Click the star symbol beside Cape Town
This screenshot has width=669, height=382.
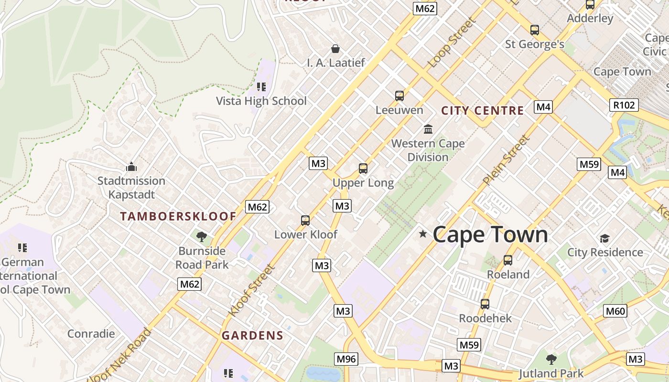point(422,233)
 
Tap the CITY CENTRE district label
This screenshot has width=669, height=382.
point(482,111)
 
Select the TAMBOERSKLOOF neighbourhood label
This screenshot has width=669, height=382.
point(178,216)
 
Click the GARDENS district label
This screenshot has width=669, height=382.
point(252,336)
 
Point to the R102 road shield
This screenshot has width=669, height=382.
point(624,105)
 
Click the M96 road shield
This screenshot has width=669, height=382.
point(346,359)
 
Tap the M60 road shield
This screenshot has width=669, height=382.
point(615,311)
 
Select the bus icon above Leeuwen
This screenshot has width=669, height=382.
point(399,95)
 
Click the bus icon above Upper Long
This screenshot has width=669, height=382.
point(363,168)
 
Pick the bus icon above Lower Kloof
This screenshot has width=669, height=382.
point(305,220)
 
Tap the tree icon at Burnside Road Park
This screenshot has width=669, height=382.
point(202,236)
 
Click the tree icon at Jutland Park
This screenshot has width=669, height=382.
point(551,359)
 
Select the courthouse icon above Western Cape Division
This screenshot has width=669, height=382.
point(428,129)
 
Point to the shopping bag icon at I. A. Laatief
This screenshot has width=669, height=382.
point(335,49)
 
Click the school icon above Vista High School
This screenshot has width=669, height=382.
point(261,86)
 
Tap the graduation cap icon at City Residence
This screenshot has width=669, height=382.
point(604,238)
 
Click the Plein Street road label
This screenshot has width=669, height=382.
point(506,160)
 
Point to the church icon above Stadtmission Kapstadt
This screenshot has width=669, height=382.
point(131,167)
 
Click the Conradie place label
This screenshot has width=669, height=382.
point(91,333)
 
